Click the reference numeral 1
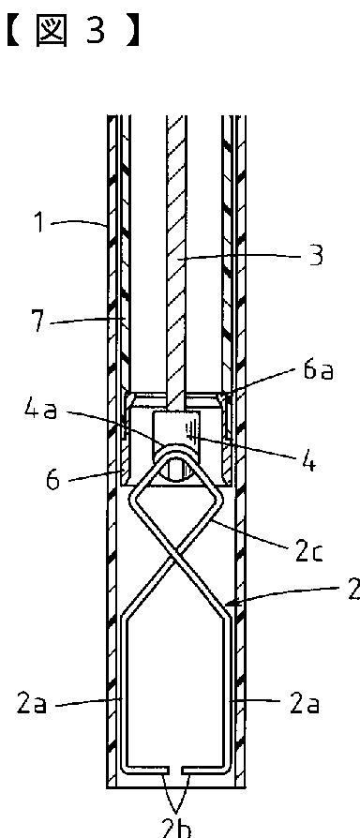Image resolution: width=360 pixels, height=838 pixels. tap(38, 222)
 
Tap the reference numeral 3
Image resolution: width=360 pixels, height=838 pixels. tap(316, 256)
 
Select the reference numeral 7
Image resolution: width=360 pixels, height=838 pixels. tap(38, 322)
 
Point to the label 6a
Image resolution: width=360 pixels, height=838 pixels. tap(319, 370)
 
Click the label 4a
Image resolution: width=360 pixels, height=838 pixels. tap(41, 411)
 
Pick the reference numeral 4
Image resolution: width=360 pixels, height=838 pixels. tap(307, 462)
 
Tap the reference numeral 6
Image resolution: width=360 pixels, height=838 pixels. tap(52, 480)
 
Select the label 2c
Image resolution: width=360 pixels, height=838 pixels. tap(309, 552)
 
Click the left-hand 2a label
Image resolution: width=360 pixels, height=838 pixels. tap(32, 704)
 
